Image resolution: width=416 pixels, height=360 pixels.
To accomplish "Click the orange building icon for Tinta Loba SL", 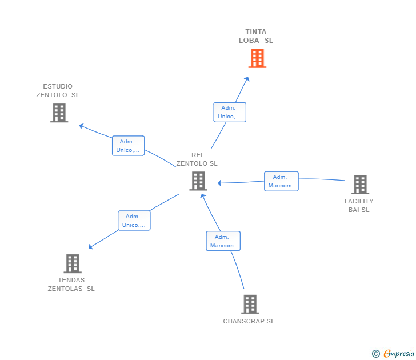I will pyautogui.click(x=257, y=58).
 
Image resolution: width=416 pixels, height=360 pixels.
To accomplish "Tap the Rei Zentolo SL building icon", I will pyautogui.click(x=198, y=181).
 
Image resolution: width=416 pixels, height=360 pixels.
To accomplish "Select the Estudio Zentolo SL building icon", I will pyautogui.click(x=59, y=113).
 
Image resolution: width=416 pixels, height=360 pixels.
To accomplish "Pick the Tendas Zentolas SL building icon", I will pyautogui.click(x=72, y=263).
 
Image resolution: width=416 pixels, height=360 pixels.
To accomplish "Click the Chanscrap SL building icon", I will pyautogui.click(x=250, y=305).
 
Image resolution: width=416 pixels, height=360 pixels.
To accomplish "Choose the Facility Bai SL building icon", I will pyautogui.click(x=359, y=185).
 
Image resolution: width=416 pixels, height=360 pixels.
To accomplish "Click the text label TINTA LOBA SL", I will pyautogui.click(x=256, y=36).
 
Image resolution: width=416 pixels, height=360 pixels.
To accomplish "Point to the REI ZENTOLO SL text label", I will pyautogui.click(x=197, y=159).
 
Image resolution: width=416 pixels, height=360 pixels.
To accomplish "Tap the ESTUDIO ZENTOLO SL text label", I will pyautogui.click(x=58, y=90).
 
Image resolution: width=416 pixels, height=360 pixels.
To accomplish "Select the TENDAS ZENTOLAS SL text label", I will pyautogui.click(x=71, y=284).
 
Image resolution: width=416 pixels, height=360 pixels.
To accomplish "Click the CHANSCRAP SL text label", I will pyautogui.click(x=249, y=321).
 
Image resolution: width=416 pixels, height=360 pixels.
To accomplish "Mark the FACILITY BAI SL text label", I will pyautogui.click(x=359, y=205).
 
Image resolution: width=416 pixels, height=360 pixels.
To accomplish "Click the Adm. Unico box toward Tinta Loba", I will pyautogui.click(x=230, y=112).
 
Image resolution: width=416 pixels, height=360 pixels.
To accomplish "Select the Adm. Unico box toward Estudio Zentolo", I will pyautogui.click(x=128, y=146).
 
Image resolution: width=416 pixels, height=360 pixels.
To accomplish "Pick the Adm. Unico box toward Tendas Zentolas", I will pyautogui.click(x=134, y=221).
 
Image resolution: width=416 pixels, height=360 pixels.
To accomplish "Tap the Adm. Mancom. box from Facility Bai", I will pyautogui.click(x=281, y=181).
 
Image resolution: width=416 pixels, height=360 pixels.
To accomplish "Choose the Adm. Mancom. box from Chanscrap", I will pyautogui.click(x=223, y=241).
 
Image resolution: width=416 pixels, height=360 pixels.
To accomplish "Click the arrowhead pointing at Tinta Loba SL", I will pyautogui.click(x=247, y=79).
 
